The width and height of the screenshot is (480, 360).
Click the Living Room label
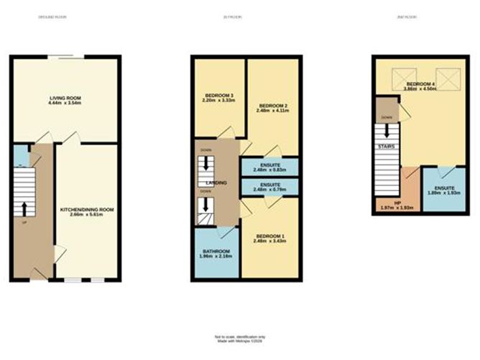click(64, 98)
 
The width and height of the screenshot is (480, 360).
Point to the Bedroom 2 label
click(273, 106)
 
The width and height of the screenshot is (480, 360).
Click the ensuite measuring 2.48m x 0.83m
click(269, 166)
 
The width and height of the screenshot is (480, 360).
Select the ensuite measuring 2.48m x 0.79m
click(269, 186)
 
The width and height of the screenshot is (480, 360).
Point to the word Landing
click(217, 184)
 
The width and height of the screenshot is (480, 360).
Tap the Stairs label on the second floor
click(385, 147)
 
